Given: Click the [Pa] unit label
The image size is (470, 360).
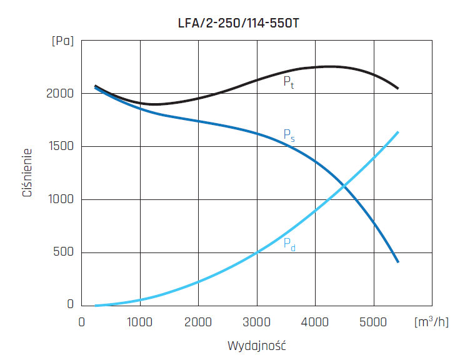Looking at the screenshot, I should click(x=62, y=42).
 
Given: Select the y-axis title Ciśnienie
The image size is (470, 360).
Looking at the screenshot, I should click(x=27, y=173).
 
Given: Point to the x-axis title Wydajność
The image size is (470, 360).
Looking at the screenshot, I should click(x=256, y=344).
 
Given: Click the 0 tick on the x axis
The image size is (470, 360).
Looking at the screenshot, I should click(x=82, y=322).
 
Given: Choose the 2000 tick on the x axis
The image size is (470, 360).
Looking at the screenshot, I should click(x=198, y=322).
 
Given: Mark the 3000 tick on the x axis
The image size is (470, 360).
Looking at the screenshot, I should click(x=257, y=322).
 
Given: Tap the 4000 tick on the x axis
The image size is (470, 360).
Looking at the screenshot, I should click(x=315, y=322).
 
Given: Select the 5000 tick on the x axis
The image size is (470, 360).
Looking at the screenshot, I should click(x=374, y=322).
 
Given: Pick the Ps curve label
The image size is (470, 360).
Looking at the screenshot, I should click(x=289, y=134).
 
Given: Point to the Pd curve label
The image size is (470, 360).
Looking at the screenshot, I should click(x=289, y=244).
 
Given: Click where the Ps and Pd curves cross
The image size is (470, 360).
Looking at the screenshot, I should click(x=344, y=186).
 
